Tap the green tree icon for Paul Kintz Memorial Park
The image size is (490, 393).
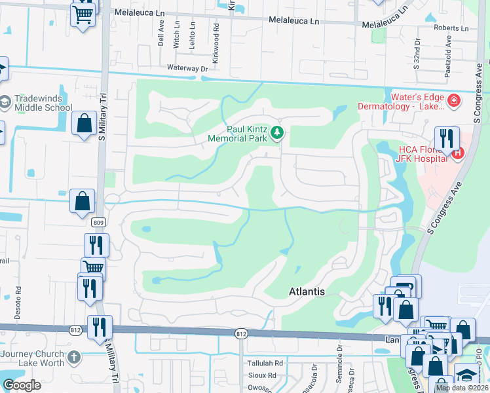tap(278, 133)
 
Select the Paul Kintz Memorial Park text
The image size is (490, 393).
tap(237, 134)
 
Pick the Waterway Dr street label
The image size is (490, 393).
tap(187, 67)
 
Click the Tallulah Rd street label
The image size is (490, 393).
tap(265, 363)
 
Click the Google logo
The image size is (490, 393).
tap(22, 385)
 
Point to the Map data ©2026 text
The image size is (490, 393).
tap(461, 388)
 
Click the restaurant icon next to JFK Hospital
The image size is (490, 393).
tap(447, 138)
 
